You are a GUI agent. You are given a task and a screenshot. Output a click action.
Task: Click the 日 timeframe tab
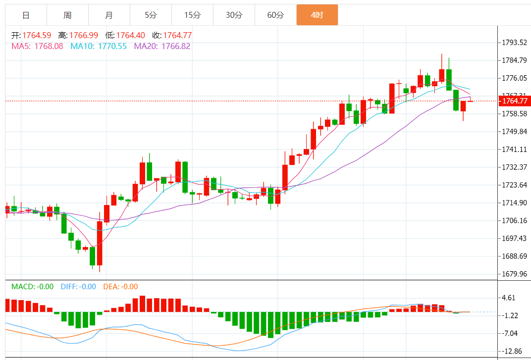(26, 15)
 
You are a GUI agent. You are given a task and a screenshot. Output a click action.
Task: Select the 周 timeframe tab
(67, 15)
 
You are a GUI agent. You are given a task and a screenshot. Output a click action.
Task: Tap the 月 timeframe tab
(109, 15)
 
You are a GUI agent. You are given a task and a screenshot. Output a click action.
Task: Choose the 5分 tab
(151, 15)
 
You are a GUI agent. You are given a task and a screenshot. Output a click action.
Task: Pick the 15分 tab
(192, 15)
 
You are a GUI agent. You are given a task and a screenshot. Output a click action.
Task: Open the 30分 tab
(234, 15)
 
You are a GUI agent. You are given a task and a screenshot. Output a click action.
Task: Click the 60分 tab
(275, 15)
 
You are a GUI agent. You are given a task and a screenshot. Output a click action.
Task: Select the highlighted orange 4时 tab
(317, 15)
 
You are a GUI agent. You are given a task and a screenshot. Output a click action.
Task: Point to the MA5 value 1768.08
(49, 46)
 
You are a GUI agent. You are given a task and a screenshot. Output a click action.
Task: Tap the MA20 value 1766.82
(176, 46)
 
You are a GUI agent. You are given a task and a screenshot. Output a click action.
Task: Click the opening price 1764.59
(37, 35)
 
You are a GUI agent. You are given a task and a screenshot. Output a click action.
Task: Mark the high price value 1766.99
(83, 35)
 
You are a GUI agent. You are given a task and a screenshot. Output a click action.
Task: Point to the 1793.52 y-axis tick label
(514, 43)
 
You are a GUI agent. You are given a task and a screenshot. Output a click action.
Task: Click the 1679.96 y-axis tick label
(514, 274)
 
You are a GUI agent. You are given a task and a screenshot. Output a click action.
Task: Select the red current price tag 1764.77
(515, 101)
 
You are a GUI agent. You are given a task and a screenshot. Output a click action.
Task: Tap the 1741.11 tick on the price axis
(514, 149)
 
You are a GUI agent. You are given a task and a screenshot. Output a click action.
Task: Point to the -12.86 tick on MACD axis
(512, 351)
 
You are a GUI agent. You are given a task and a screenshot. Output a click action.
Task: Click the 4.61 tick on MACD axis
(510, 298)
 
